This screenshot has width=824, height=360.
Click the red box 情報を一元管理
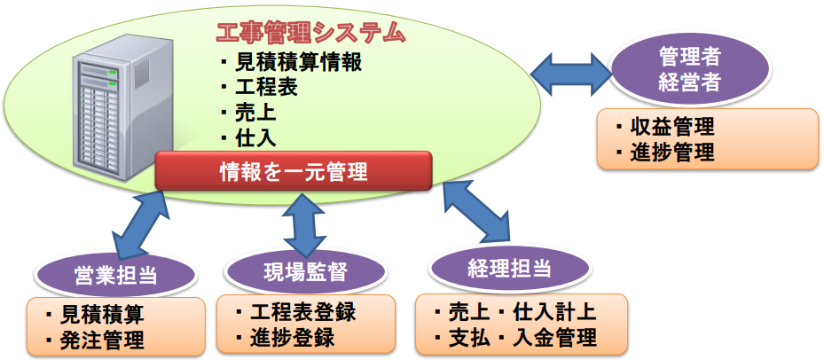(x=293, y=170)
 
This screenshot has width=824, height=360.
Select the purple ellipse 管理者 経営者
(x=689, y=70)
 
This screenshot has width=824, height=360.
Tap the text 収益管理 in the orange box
(x=678, y=128)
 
